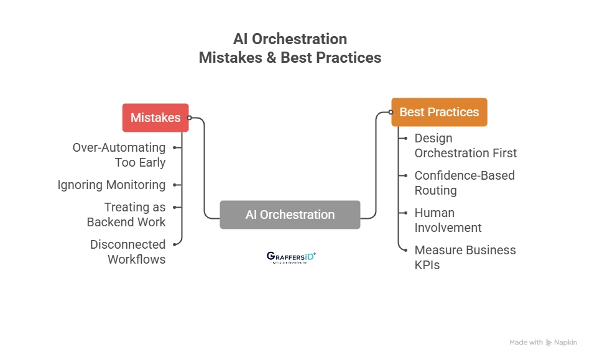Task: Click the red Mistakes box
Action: pyautogui.click(x=155, y=118)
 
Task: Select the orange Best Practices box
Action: pyautogui.click(x=439, y=112)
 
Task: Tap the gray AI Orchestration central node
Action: pyautogui.click(x=290, y=215)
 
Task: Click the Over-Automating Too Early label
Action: pyautogui.click(x=119, y=155)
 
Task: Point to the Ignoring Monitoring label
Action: pyautogui.click(x=111, y=185)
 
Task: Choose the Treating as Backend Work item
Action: pyautogui.click(x=126, y=215)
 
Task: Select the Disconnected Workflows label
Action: pyautogui.click(x=127, y=252)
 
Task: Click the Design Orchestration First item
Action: pyautogui.click(x=465, y=145)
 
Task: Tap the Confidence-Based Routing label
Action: pyautogui.click(x=464, y=183)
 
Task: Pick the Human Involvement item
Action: pyautogui.click(x=448, y=220)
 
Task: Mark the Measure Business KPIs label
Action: pyautogui.click(x=465, y=257)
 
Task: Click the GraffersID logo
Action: pyautogui.click(x=290, y=257)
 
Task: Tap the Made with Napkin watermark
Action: pyautogui.click(x=543, y=343)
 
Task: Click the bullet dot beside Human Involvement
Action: pyautogui.click(x=405, y=213)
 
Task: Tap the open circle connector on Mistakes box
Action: pyautogui.click(x=190, y=118)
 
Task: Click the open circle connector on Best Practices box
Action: pyautogui.click(x=391, y=113)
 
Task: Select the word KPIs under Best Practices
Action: pyautogui.click(x=427, y=265)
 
